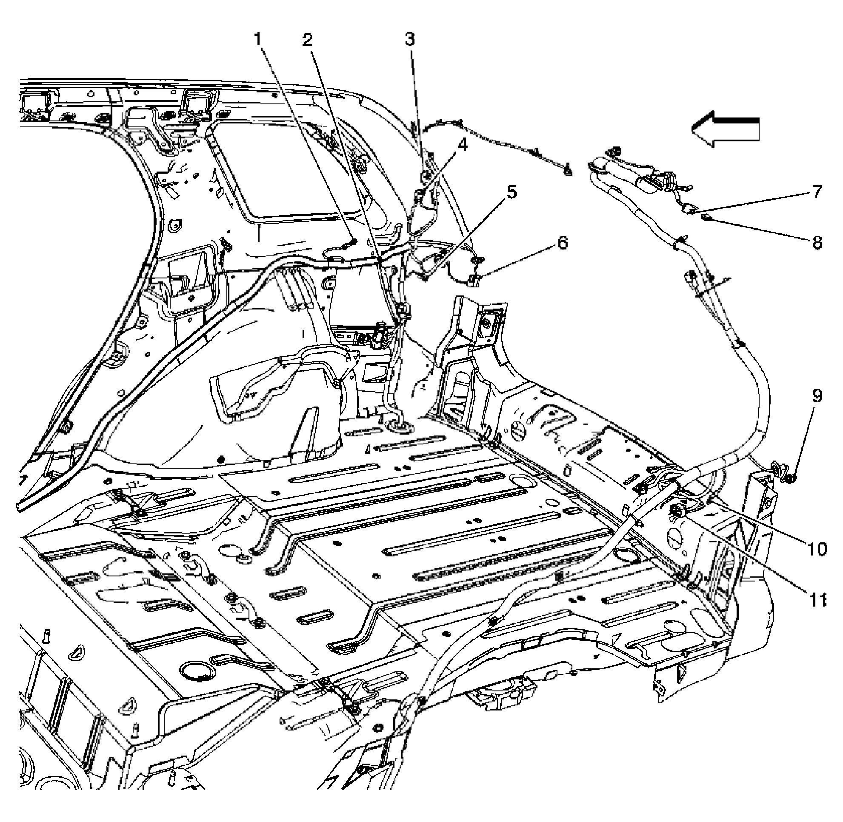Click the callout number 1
click(258, 40)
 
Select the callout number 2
click(307, 40)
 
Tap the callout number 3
click(409, 39)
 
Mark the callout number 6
click(562, 243)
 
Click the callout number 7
click(817, 191)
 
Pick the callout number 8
click(817, 243)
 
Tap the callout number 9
click(817, 396)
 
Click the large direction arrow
click(725, 129)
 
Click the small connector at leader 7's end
click(690, 209)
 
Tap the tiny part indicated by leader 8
click(706, 217)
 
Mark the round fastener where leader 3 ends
click(424, 175)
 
